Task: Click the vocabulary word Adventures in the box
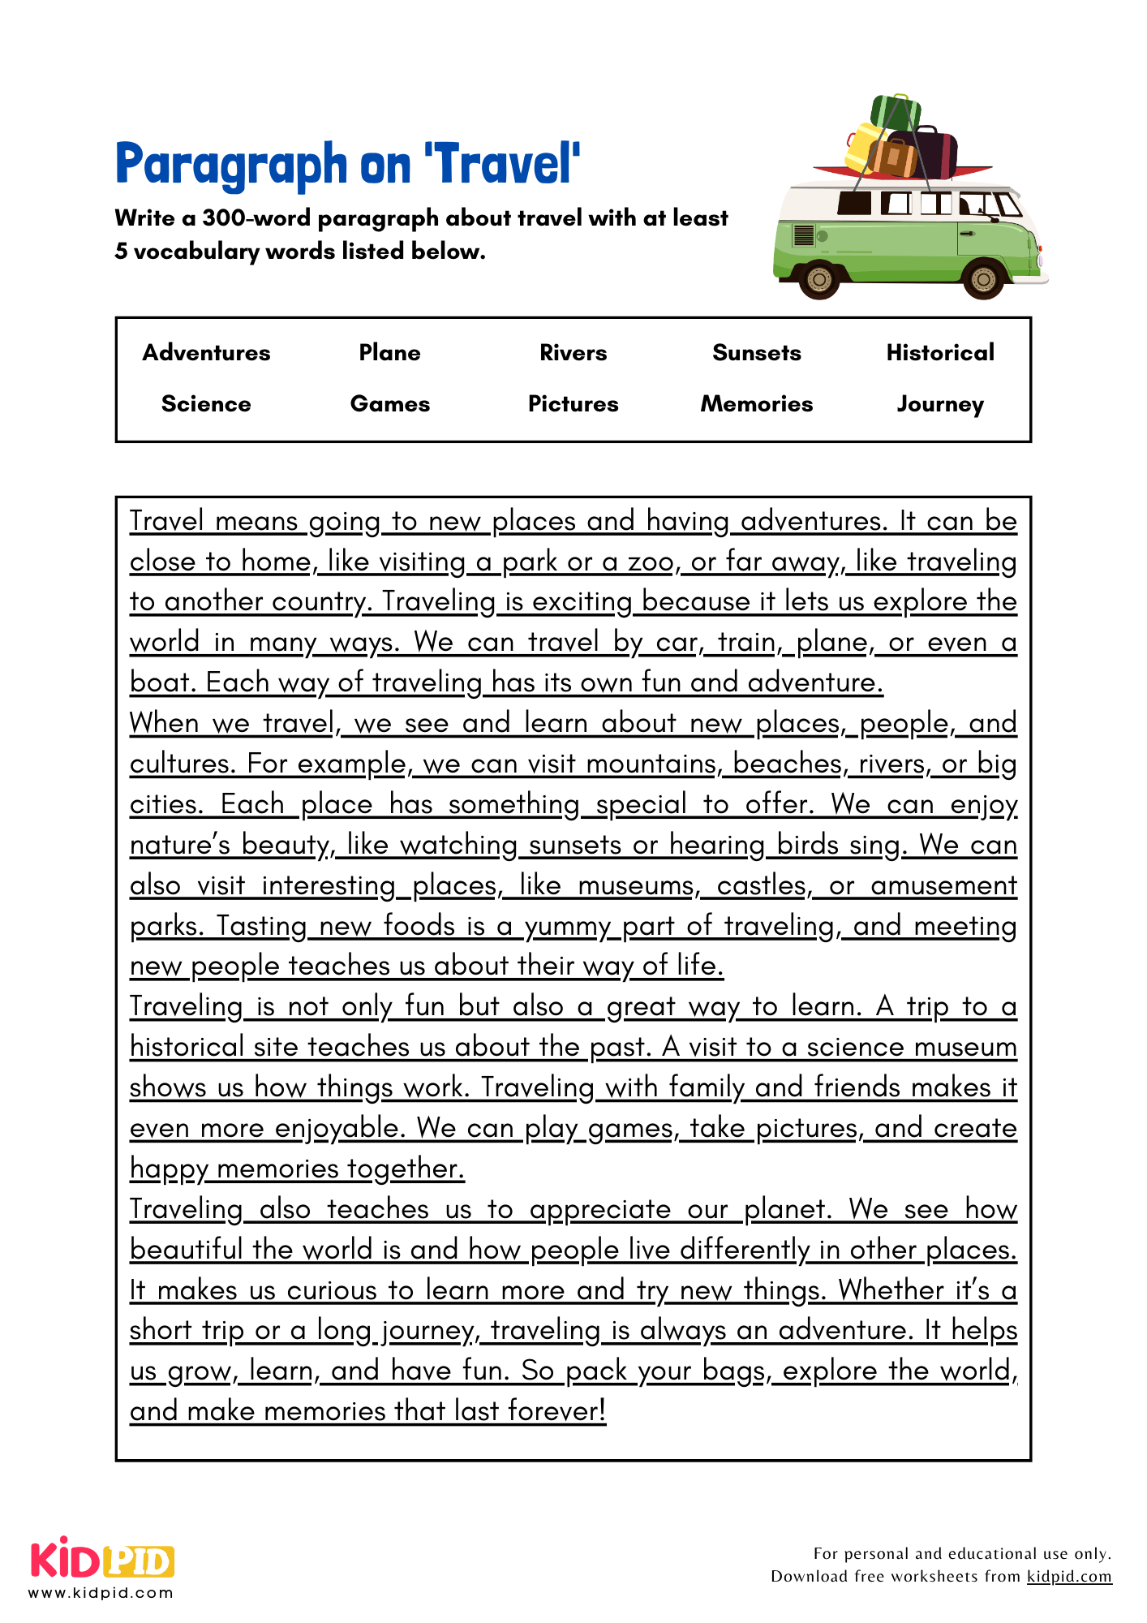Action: [206, 352]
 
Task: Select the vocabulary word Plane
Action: [389, 352]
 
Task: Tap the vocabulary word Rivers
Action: [573, 352]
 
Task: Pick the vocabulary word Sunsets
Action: [756, 352]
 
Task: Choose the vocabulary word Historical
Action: [939, 352]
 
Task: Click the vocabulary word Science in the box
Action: [206, 403]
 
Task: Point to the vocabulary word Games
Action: [389, 403]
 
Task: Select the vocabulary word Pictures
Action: [573, 403]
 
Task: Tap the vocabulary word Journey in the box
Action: [939, 404]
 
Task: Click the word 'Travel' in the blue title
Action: [508, 164]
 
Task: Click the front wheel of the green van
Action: [982, 279]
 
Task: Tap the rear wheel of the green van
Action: [819, 279]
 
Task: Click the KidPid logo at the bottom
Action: [102, 1560]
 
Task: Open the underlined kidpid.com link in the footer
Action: [1068, 1576]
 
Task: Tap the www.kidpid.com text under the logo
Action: [101, 1593]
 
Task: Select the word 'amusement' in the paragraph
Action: [943, 885]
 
